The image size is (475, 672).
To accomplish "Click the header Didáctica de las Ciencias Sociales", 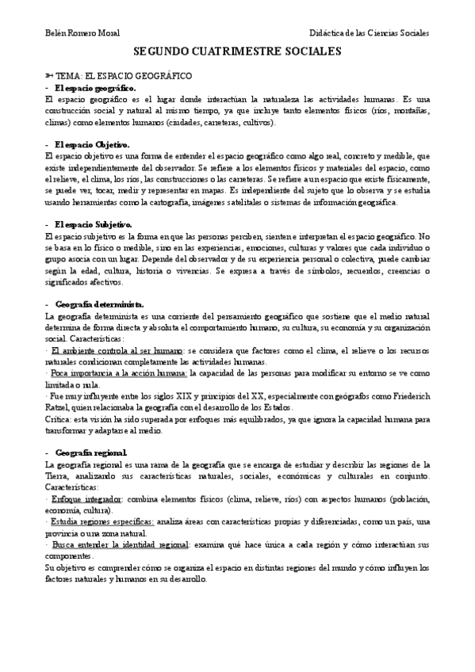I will (x=370, y=34).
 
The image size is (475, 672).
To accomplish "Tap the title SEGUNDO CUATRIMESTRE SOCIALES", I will (x=237, y=52).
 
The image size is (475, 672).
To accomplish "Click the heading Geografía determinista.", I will (x=99, y=305).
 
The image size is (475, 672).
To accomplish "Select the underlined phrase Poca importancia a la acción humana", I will (x=119, y=372).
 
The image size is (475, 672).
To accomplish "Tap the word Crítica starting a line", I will (x=61, y=419).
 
